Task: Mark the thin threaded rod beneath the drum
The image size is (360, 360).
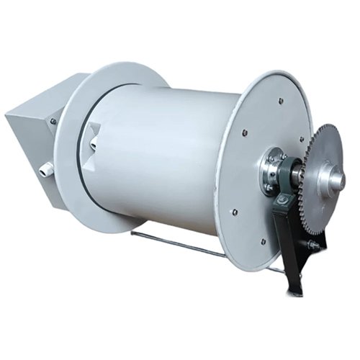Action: click(x=180, y=244)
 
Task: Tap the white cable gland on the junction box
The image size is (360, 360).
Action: click(x=46, y=169)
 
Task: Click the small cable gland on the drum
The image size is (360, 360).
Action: click(x=93, y=144)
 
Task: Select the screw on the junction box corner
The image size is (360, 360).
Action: click(x=53, y=121)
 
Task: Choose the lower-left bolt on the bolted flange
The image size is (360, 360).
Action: click(x=234, y=212)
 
